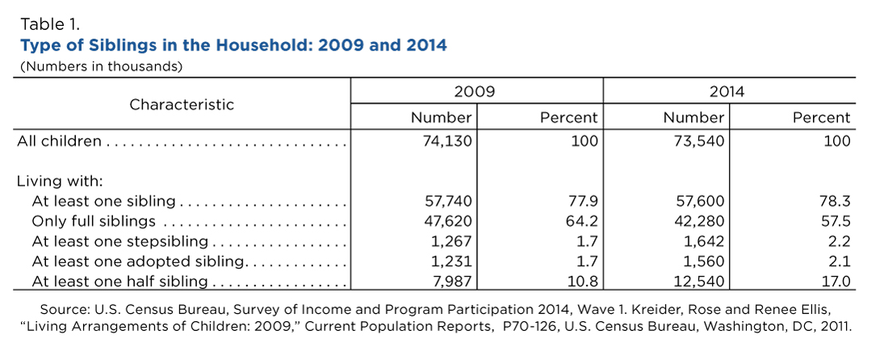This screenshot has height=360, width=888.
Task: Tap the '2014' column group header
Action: click(730, 91)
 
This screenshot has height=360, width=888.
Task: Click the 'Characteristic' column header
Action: click(181, 105)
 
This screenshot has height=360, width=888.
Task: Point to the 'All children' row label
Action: click(60, 141)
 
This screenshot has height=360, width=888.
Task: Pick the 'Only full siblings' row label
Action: click(94, 221)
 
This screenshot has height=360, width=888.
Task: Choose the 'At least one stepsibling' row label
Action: click(120, 241)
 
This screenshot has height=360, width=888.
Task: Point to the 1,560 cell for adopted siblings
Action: click(705, 262)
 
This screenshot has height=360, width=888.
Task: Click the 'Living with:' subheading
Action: click(59, 182)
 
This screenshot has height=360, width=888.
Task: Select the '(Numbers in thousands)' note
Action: click(102, 66)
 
